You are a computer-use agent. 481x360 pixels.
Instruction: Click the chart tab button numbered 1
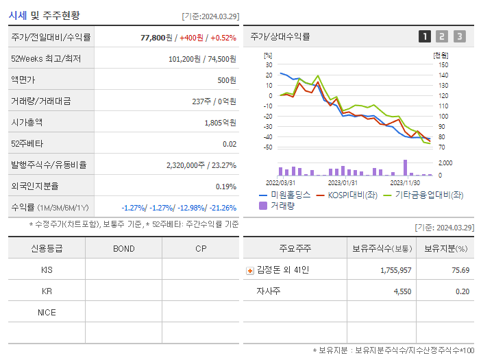point(425,36)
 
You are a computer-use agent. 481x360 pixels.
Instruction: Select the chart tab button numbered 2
point(442,36)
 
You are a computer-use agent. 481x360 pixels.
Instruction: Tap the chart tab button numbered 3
point(459,36)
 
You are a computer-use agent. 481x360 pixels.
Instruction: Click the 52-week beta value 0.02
point(230,144)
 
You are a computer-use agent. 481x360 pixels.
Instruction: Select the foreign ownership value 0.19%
point(225,187)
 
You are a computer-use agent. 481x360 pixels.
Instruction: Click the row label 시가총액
point(27,123)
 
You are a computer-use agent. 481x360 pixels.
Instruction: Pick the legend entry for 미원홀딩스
point(285,195)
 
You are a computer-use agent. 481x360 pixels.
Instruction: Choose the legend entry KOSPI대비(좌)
point(347,195)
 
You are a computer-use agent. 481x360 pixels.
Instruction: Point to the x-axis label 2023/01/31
point(343,182)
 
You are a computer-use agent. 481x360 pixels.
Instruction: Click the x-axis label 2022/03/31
point(280,182)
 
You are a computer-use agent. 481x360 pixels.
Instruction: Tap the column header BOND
point(123,248)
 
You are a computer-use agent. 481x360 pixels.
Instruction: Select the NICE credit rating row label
point(47,313)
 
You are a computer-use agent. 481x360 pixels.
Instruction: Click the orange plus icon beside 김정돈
point(250,271)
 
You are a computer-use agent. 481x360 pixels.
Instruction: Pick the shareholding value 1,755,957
point(396,270)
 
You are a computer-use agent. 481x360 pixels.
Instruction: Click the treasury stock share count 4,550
point(402,291)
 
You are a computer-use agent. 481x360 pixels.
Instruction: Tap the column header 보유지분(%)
point(445,248)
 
